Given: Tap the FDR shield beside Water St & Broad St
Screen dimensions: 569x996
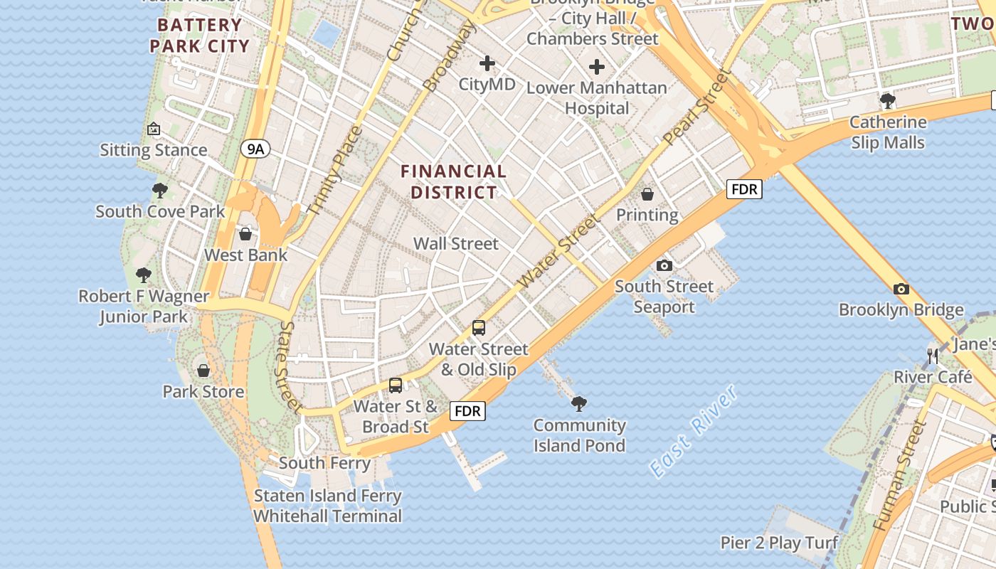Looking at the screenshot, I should (x=467, y=411).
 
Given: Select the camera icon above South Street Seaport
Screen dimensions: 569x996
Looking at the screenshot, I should (x=664, y=265).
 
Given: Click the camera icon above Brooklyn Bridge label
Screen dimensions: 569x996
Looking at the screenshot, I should (x=901, y=289).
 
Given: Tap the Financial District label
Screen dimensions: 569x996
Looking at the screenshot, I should (x=453, y=181).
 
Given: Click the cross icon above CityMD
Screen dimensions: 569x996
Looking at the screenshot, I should (x=487, y=64).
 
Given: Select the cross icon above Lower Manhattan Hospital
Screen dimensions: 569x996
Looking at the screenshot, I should (x=597, y=68).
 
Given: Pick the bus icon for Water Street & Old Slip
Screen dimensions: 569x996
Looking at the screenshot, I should (x=479, y=328).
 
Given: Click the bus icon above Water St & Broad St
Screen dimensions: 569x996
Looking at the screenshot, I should (x=396, y=385).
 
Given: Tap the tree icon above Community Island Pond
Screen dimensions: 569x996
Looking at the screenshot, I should (x=579, y=404).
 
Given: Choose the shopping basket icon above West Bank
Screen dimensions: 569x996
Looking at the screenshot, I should (x=245, y=234).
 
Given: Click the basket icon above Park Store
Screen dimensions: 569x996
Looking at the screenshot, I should (x=203, y=371).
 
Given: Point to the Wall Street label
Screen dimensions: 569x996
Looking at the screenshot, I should (x=456, y=243).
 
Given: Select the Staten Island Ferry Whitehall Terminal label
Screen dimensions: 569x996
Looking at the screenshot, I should (x=328, y=506).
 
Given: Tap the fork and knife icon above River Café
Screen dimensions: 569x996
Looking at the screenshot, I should (x=933, y=356).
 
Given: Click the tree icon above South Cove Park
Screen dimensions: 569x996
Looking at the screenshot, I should (x=160, y=191).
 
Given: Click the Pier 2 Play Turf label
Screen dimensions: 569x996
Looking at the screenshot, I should (x=779, y=543).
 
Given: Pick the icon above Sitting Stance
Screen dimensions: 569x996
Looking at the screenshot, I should (x=154, y=129).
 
